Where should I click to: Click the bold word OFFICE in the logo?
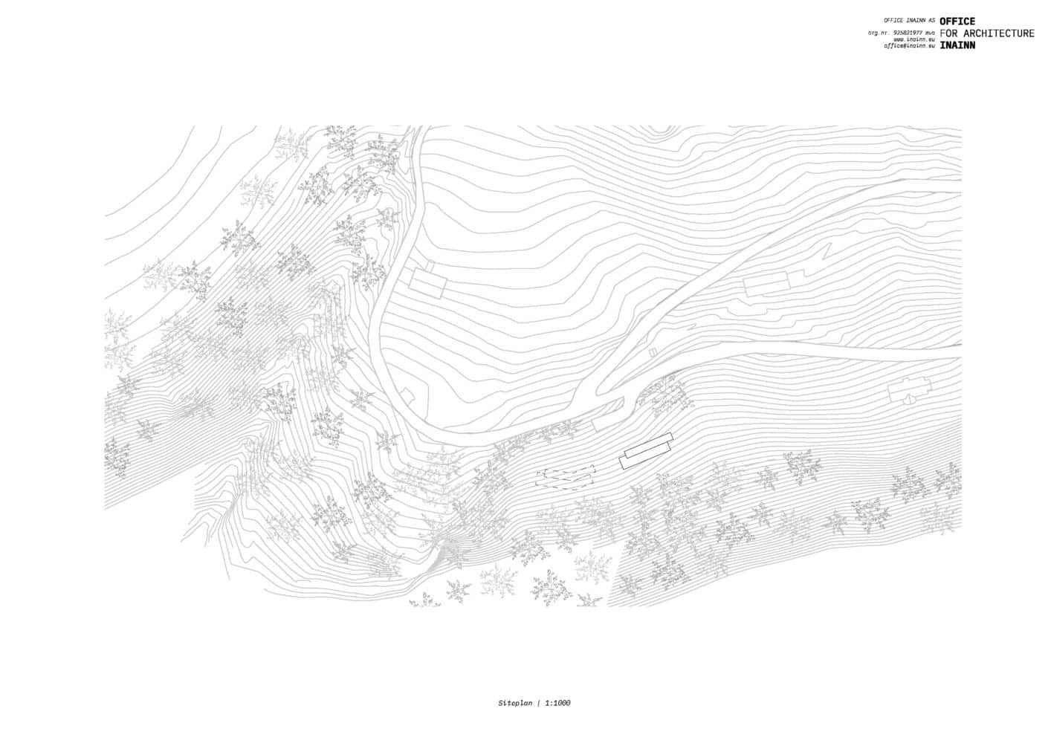957,22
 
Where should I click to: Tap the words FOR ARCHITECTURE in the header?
986,33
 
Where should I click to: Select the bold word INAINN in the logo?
957,45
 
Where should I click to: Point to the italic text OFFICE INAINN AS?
908,21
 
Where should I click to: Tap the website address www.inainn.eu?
913,39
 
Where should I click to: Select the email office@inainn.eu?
909,45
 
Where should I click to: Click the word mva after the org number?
930,33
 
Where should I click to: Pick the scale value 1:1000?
558,703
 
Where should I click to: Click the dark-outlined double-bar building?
646,451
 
